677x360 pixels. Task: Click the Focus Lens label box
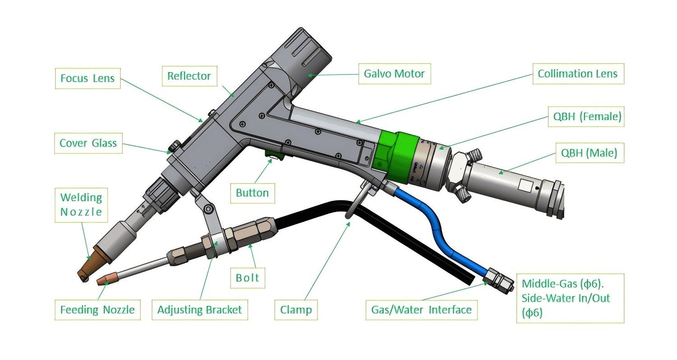[x=88, y=79]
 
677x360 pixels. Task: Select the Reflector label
[x=189, y=76]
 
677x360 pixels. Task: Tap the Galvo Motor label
[x=394, y=74]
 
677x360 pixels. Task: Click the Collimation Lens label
[x=577, y=74]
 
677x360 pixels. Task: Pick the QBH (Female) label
[x=587, y=117]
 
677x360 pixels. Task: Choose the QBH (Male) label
[x=589, y=153]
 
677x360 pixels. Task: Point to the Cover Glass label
[x=88, y=143]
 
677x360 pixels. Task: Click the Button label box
[x=252, y=193]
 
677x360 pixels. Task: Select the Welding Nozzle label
[x=81, y=205]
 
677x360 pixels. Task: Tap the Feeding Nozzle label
[x=97, y=310]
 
